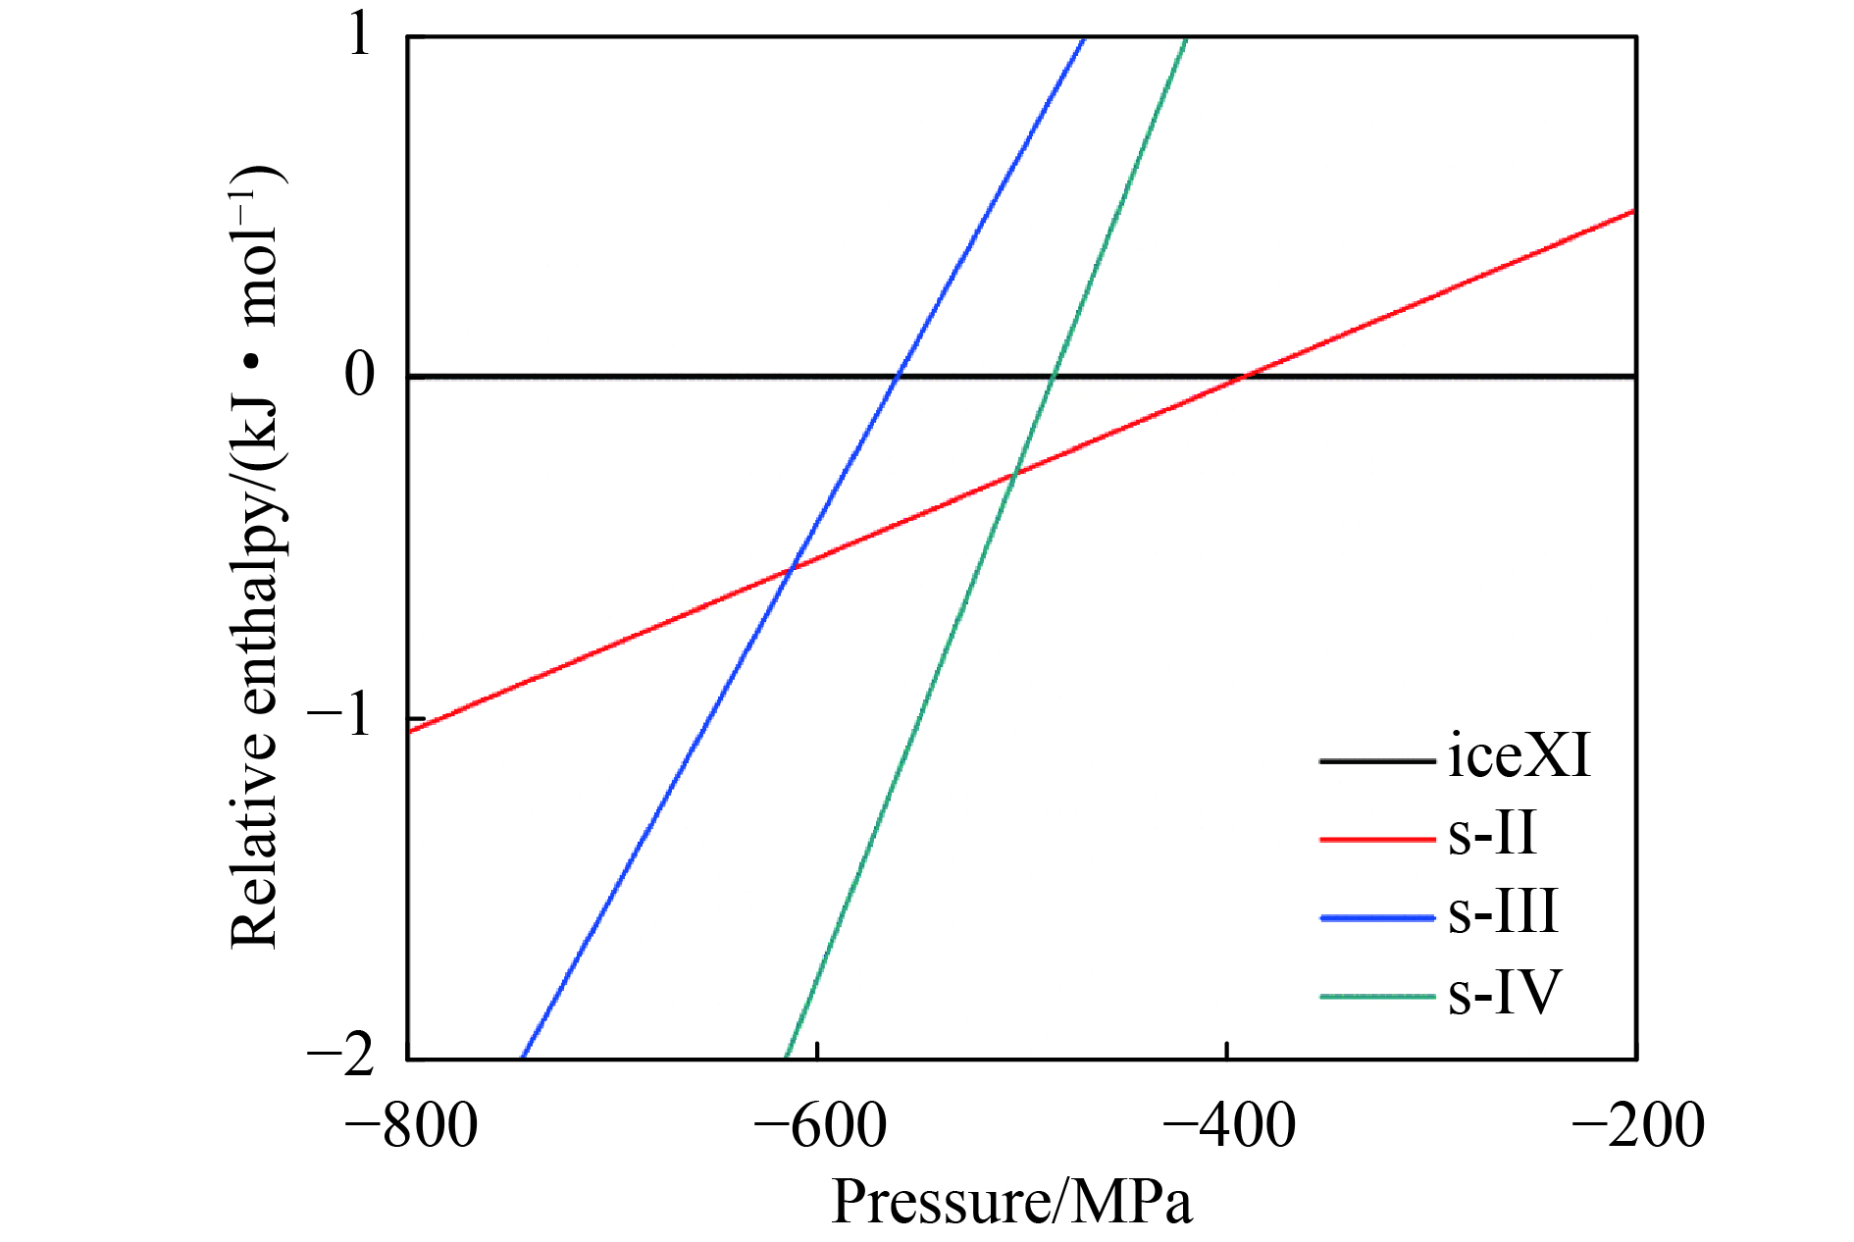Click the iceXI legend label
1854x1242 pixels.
(x=1518, y=756)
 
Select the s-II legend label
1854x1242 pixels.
(x=1491, y=835)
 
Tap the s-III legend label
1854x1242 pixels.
(x=1502, y=913)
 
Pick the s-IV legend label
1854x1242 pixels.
(x=1504, y=992)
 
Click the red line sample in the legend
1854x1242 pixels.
(x=1377, y=840)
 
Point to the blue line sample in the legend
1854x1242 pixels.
(x=1377, y=918)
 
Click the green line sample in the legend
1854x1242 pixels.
(x=1377, y=997)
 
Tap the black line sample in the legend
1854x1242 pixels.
(x=1377, y=761)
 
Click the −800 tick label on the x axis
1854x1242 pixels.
(x=412, y=1125)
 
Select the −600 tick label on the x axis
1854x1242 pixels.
(x=820, y=1125)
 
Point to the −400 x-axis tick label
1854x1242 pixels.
(x=1229, y=1125)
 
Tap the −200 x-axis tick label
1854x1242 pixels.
(x=1638, y=1125)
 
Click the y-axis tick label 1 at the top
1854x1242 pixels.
(x=360, y=37)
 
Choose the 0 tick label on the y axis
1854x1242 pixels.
(x=360, y=376)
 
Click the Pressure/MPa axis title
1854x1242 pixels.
(x=1011, y=1203)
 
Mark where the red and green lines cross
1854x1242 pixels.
(x=1014, y=475)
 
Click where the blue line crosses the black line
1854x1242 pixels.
(x=898, y=376)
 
